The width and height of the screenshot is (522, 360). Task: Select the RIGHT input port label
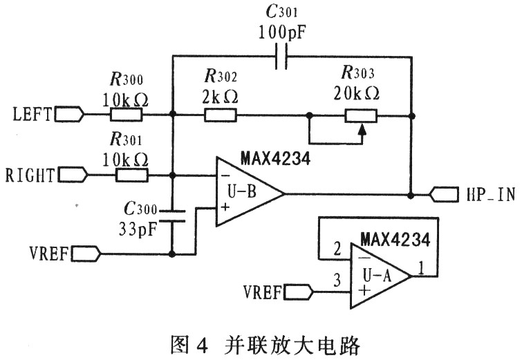(30, 174)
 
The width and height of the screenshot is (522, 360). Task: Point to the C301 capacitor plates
(281, 58)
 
